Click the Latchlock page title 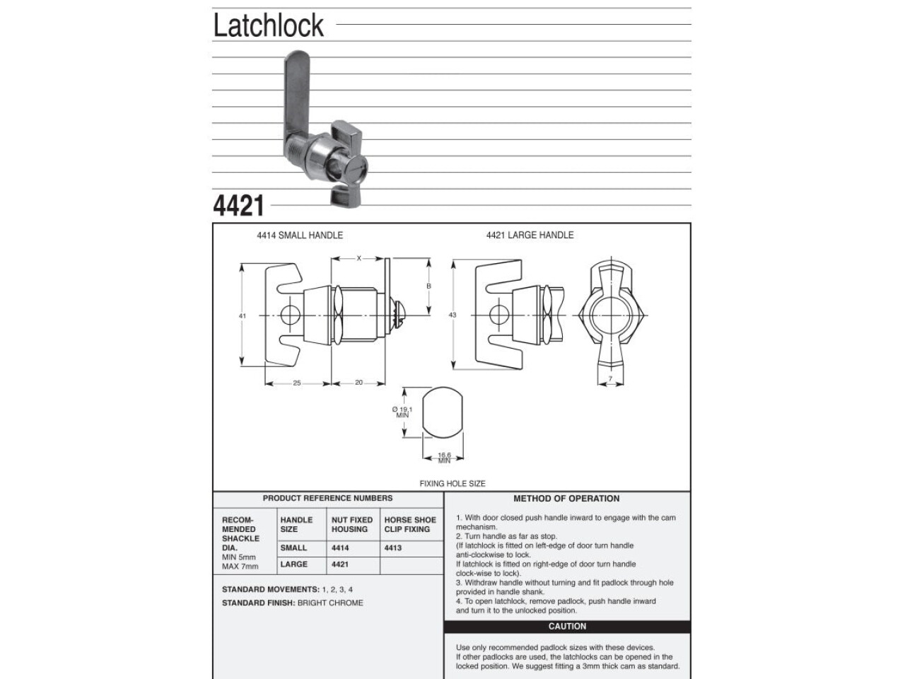(269, 25)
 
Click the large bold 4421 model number (238, 206)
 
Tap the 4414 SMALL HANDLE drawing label (300, 236)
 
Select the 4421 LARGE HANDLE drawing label (530, 235)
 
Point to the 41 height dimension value (243, 315)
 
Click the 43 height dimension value (452, 315)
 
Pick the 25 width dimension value (297, 383)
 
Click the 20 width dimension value (358, 383)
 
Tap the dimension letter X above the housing (358, 258)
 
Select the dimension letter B (428, 286)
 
